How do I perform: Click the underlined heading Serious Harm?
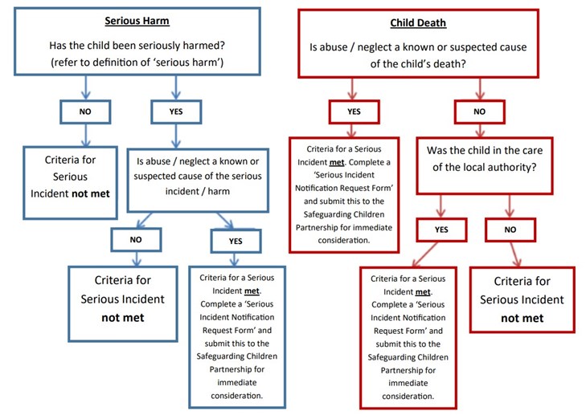(x=137, y=21)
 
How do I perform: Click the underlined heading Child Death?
(x=418, y=23)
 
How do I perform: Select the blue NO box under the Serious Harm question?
(x=85, y=112)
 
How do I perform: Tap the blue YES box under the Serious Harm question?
(x=176, y=112)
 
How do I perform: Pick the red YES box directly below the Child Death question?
(x=354, y=112)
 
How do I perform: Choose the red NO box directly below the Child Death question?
(x=479, y=112)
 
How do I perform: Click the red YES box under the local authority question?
(x=441, y=230)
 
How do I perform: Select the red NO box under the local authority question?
(x=510, y=230)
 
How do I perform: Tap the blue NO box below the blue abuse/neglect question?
(x=136, y=239)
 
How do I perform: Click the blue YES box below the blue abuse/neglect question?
(x=236, y=241)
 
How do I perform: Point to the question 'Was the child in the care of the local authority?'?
(x=485, y=159)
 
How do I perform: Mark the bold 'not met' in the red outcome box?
(x=522, y=318)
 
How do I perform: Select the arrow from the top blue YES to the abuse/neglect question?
(x=176, y=136)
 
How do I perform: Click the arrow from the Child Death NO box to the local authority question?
(x=480, y=131)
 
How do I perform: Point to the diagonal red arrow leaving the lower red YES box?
(x=425, y=254)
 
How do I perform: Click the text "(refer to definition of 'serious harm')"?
(x=137, y=62)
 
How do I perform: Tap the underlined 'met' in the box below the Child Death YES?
(x=337, y=162)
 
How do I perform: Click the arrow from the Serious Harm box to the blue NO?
(x=86, y=87)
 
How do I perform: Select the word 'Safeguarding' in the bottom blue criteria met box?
(x=219, y=356)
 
